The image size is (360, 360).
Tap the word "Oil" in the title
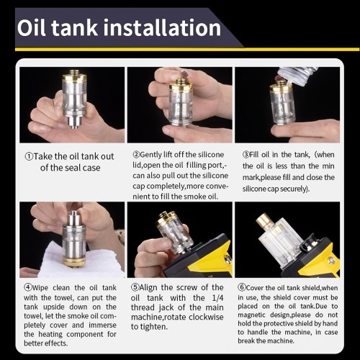(31, 27)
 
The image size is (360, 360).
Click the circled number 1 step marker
(29, 156)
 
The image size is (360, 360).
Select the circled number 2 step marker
(136, 154)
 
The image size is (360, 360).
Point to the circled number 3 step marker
(246, 154)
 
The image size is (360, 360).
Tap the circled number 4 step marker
(28, 287)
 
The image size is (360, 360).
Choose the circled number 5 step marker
(135, 287)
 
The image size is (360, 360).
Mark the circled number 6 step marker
(242, 287)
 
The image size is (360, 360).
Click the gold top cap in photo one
(74, 76)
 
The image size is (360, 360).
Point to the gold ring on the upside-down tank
(74, 262)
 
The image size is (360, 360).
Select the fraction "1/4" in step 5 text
(217, 298)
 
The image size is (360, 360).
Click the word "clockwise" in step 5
(206, 317)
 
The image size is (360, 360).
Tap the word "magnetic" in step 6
(251, 315)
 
